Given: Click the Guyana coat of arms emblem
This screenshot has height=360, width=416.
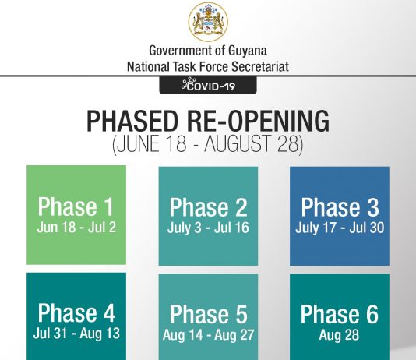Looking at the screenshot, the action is pyautogui.click(x=208, y=22).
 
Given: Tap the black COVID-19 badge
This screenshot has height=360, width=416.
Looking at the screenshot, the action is pyautogui.click(x=208, y=85).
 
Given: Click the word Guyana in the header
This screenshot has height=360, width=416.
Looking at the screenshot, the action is pyautogui.click(x=247, y=51).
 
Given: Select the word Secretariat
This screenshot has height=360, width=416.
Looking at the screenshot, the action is pyautogui.click(x=260, y=66).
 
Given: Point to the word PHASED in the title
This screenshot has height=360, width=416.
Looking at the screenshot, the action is pyautogui.click(x=132, y=121).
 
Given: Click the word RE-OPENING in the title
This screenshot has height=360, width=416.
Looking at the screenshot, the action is pyautogui.click(x=258, y=121).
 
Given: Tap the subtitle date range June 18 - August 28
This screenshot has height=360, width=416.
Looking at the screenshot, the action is pyautogui.click(x=208, y=144).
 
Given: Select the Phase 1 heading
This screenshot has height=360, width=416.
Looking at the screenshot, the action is pyautogui.click(x=76, y=206).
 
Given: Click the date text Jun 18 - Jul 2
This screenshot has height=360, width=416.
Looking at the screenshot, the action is pyautogui.click(x=76, y=228).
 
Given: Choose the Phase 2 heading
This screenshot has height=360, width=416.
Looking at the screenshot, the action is pyautogui.click(x=208, y=207).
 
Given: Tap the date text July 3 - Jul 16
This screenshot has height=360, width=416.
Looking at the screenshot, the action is pyautogui.click(x=208, y=228).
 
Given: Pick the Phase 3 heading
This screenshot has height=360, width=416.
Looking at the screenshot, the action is pyautogui.click(x=340, y=207).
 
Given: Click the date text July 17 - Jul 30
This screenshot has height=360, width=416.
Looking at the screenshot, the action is pyautogui.click(x=340, y=228).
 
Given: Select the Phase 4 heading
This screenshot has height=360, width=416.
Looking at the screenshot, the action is pyautogui.click(x=76, y=312).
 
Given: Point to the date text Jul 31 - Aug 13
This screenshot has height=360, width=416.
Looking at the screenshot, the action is pyautogui.click(x=76, y=334).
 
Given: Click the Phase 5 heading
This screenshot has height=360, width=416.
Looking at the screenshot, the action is pyautogui.click(x=209, y=314).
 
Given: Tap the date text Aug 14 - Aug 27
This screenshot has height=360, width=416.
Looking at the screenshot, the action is pyautogui.click(x=208, y=335).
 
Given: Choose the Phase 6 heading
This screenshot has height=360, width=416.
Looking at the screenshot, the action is pyautogui.click(x=340, y=314).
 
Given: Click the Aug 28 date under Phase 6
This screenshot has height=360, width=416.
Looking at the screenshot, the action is pyautogui.click(x=339, y=334).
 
